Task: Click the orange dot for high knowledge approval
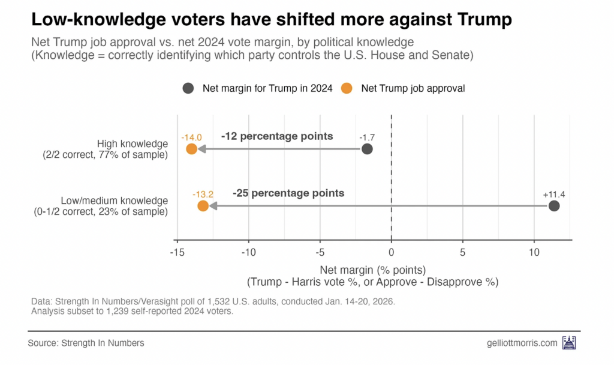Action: pos(191,149)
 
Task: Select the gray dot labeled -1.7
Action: pos(367,149)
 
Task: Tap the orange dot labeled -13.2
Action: pos(203,206)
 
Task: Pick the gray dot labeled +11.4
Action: pos(554,206)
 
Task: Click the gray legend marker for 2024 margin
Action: pos(188,88)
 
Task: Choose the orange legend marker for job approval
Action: pos(346,88)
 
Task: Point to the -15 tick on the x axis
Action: pos(177,252)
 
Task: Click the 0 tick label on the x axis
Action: pos(392,252)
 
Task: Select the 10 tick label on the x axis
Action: pos(534,252)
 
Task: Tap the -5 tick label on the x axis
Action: pos(320,252)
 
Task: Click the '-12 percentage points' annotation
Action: pos(276,136)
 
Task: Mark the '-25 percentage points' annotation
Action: pos(288,193)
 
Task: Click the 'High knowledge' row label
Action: pos(132,143)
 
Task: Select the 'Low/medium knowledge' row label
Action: pos(114,201)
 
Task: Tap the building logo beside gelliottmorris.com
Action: pos(568,343)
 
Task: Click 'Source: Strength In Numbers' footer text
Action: pos(86,343)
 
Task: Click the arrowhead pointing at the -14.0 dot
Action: pos(202,149)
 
